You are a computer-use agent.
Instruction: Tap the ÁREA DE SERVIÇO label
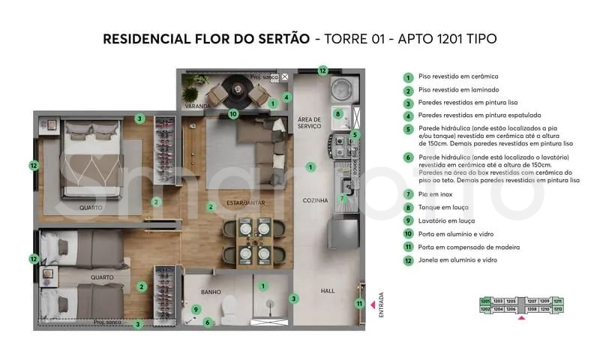pyautogui.click(x=309, y=123)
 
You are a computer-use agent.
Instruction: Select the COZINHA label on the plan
pyautogui.click(x=315, y=200)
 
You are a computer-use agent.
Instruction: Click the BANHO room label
pyautogui.click(x=210, y=292)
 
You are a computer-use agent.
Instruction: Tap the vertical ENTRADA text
pyautogui.click(x=381, y=304)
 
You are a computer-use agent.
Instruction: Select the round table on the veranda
pyautogui.click(x=238, y=94)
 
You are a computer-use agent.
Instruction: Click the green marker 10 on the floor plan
pyautogui.click(x=233, y=114)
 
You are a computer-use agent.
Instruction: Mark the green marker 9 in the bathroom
pyautogui.click(x=196, y=308)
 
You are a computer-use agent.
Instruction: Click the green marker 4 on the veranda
pyautogui.click(x=286, y=97)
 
